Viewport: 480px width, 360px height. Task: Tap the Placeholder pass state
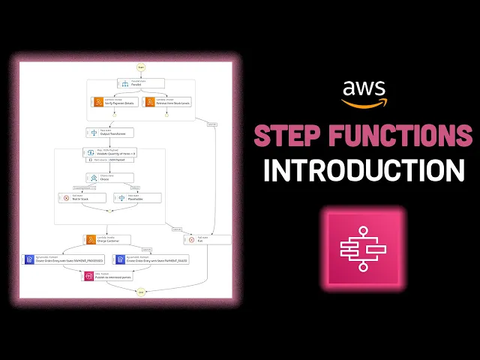click(136, 198)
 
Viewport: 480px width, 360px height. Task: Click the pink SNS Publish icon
click(89, 275)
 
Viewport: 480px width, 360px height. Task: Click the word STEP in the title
click(289, 136)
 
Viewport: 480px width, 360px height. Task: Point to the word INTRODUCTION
click(363, 169)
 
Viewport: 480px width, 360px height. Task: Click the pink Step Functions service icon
click(363, 246)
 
